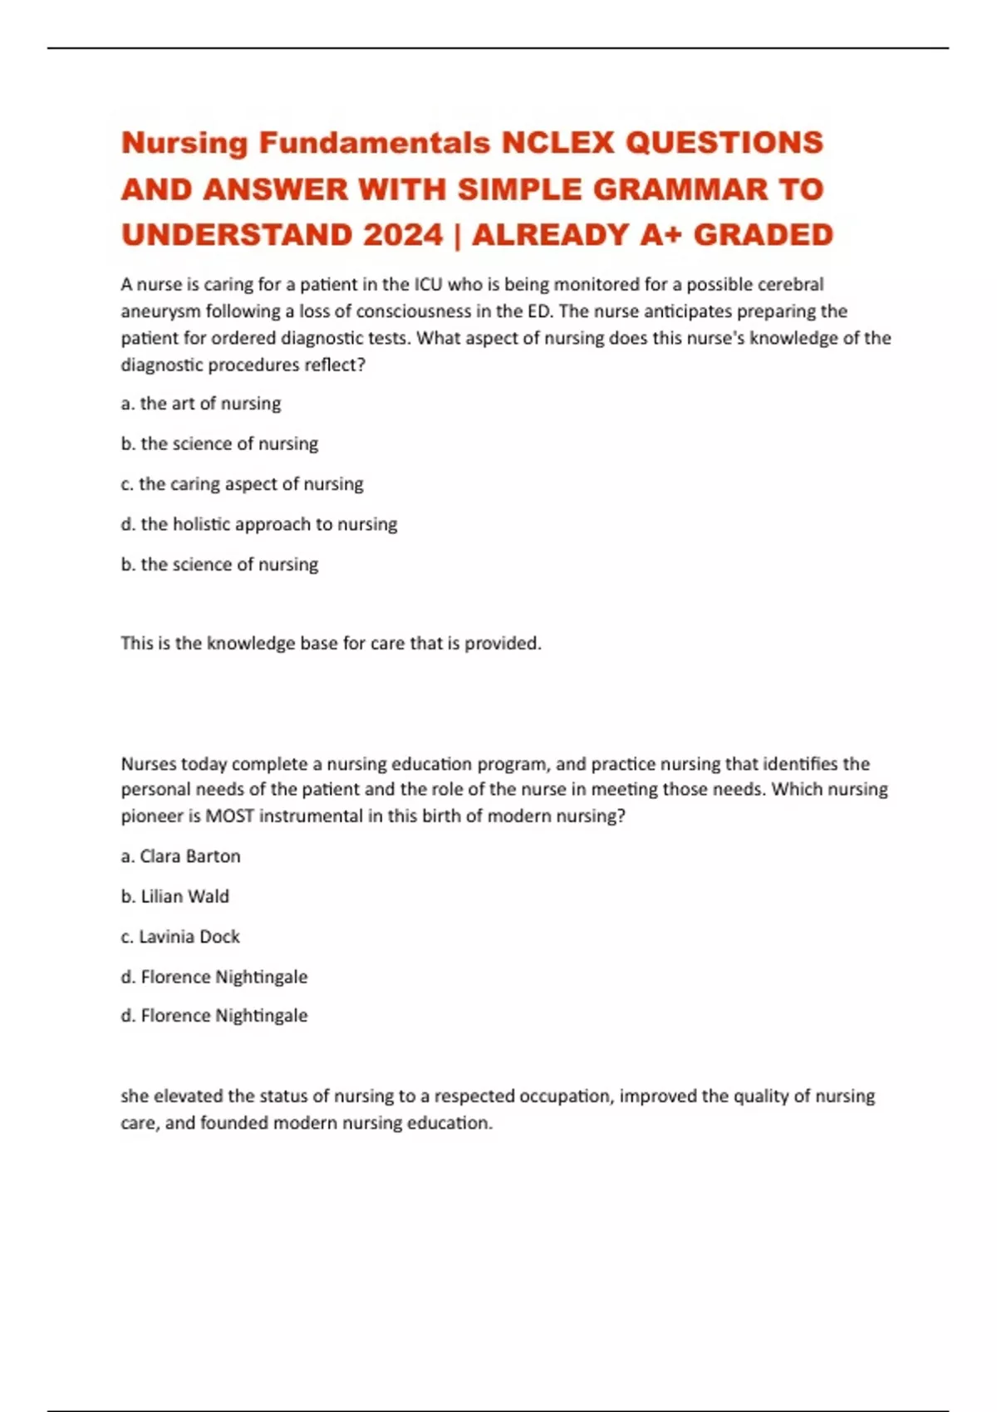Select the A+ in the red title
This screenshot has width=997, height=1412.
pyautogui.click(x=661, y=235)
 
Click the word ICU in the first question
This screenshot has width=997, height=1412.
pyautogui.click(x=429, y=285)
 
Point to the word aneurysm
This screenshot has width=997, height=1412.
pyautogui.click(x=160, y=311)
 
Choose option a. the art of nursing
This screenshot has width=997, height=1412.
pyautogui.click(x=201, y=404)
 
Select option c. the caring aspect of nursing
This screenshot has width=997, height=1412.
pyautogui.click(x=242, y=484)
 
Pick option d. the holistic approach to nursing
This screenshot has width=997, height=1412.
pyautogui.click(x=259, y=524)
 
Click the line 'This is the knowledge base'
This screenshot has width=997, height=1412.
pyautogui.click(x=331, y=643)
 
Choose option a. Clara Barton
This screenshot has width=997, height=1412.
pyautogui.click(x=181, y=856)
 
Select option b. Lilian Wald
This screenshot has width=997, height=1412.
pyautogui.click(x=175, y=896)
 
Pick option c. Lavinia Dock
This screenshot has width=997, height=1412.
pyautogui.click(x=180, y=937)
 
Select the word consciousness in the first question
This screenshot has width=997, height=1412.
pyautogui.click(x=413, y=311)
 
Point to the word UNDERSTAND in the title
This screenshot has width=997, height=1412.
pyautogui.click(x=238, y=235)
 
